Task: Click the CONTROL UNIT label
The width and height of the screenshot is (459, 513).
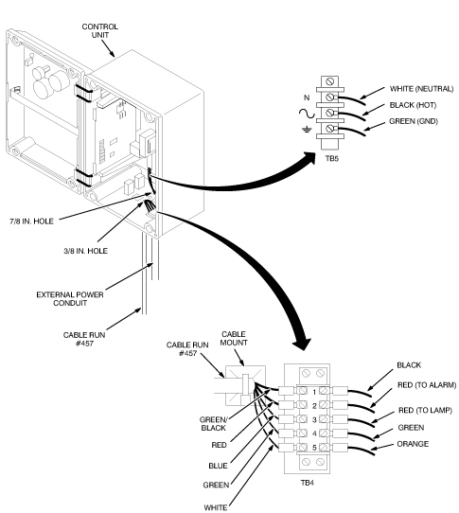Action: pyautogui.click(x=99, y=30)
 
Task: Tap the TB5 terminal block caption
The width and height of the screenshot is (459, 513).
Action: pyautogui.click(x=332, y=159)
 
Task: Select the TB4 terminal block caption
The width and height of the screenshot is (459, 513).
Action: pyautogui.click(x=308, y=483)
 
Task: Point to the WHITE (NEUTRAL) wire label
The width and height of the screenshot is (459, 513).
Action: pyautogui.click(x=421, y=89)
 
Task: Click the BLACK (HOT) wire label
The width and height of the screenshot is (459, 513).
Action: pyautogui.click(x=413, y=105)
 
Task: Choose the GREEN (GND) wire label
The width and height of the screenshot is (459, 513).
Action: pyautogui.click(x=414, y=121)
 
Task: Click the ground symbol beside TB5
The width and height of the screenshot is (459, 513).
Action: pyautogui.click(x=307, y=130)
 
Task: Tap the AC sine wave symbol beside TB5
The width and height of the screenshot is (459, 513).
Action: pyautogui.click(x=307, y=114)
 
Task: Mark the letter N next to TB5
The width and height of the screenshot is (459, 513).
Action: pyautogui.click(x=307, y=97)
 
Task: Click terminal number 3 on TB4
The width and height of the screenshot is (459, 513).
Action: pyautogui.click(x=314, y=419)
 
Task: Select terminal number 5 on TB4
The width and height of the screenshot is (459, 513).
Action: pyautogui.click(x=314, y=448)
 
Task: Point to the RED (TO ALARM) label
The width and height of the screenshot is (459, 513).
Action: pyautogui.click(x=427, y=385)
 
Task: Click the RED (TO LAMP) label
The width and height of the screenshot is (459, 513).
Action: pyautogui.click(x=425, y=410)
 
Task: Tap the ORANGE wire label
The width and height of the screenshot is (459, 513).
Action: pyautogui.click(x=413, y=444)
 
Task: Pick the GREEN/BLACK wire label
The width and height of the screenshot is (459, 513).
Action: pyautogui.click(x=213, y=424)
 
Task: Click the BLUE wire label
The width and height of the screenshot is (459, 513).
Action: pyautogui.click(x=218, y=466)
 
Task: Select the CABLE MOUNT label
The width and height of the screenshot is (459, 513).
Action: pyautogui.click(x=234, y=338)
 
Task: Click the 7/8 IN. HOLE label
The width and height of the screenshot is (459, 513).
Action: pyautogui.click(x=31, y=221)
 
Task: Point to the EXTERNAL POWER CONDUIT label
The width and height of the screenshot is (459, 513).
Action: pyautogui.click(x=70, y=299)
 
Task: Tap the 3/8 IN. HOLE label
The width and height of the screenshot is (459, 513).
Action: pyautogui.click(x=85, y=251)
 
